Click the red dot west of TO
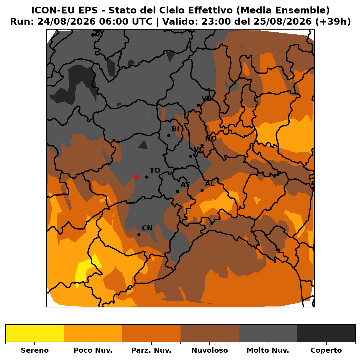[x=137, y=177]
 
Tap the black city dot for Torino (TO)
[x=147, y=177]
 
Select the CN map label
[x=147, y=228]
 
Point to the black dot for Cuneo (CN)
[x=139, y=235]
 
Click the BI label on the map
[x=175, y=129]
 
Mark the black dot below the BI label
[x=169, y=135]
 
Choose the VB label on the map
[x=206, y=98]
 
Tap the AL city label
[x=210, y=184]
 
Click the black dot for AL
[x=202, y=190]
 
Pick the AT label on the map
[x=185, y=185]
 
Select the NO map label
[x=211, y=138]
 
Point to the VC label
[x=199, y=149]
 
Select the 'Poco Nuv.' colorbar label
[x=93, y=350]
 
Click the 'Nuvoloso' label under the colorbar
[x=210, y=350]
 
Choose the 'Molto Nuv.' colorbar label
[x=268, y=350]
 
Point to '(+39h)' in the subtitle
[x=333, y=22]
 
